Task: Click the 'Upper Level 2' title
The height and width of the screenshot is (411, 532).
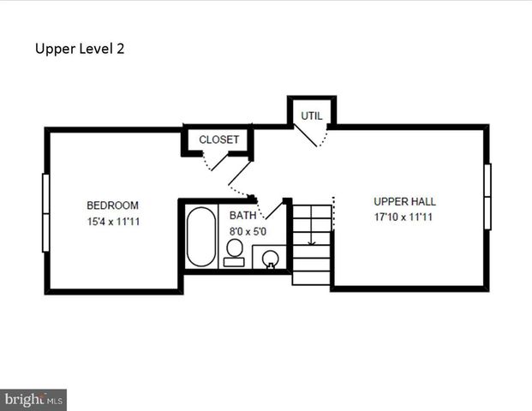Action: point(80,49)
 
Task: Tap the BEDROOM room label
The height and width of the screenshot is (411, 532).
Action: point(112,205)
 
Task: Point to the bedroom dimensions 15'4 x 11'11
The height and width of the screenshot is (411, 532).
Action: point(112,222)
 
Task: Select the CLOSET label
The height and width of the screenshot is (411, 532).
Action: point(219,140)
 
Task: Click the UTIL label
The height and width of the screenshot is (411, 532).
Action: point(310,116)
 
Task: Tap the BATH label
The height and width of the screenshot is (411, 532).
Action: point(242,215)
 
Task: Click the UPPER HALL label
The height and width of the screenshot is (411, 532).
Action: point(404,201)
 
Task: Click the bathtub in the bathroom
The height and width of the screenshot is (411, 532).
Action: point(201,237)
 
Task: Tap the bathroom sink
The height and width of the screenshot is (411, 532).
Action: point(270,257)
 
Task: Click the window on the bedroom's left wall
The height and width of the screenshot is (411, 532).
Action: point(45,212)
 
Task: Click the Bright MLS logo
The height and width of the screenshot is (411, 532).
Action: point(34,399)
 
